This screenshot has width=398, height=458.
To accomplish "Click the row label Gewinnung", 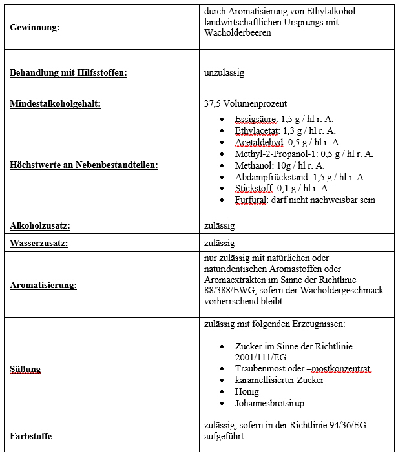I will coord(35,28).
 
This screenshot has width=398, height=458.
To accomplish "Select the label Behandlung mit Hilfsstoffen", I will coord(68,72).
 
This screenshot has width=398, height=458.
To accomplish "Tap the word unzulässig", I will coord(224,72).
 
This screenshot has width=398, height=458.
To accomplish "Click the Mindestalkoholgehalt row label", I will coord(55,103).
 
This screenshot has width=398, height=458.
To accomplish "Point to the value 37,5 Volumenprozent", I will coord(245,103).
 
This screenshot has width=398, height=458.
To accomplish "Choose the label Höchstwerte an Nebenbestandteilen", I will coord(84,165).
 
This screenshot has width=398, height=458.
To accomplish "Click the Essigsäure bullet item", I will coord(284,120).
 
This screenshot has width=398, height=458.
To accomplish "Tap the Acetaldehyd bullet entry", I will coord(288,142).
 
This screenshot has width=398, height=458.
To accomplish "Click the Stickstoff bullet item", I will coord(282,188).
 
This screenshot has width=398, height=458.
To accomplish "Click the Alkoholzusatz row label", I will coord(39,225).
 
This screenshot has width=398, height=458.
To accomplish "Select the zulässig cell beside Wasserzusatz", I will coord(219,244).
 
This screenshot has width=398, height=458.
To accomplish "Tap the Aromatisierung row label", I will coord(43,284).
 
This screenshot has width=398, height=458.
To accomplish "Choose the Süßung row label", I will coord(25,370).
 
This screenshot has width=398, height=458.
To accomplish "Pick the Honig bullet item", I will coord(246,391).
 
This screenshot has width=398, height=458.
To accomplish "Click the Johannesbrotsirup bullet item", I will coord(269,403).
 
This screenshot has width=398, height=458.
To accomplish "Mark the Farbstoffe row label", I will coord(30,436).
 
